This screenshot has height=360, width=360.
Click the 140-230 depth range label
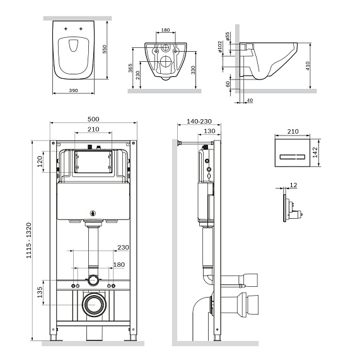coord(200,119)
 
